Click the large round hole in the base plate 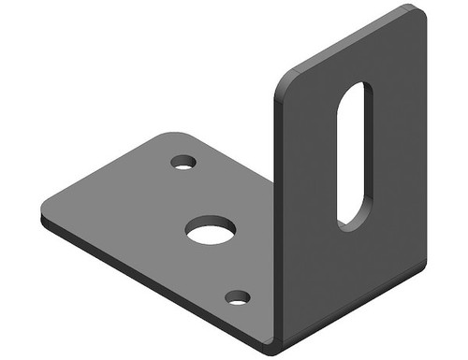coord(210,229)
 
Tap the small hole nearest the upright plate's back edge coord(183,162)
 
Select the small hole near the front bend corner coord(238,297)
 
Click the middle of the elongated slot coord(354,154)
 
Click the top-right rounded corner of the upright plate coord(417,15)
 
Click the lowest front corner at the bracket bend coord(273,347)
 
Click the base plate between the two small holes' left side coord(140,206)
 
